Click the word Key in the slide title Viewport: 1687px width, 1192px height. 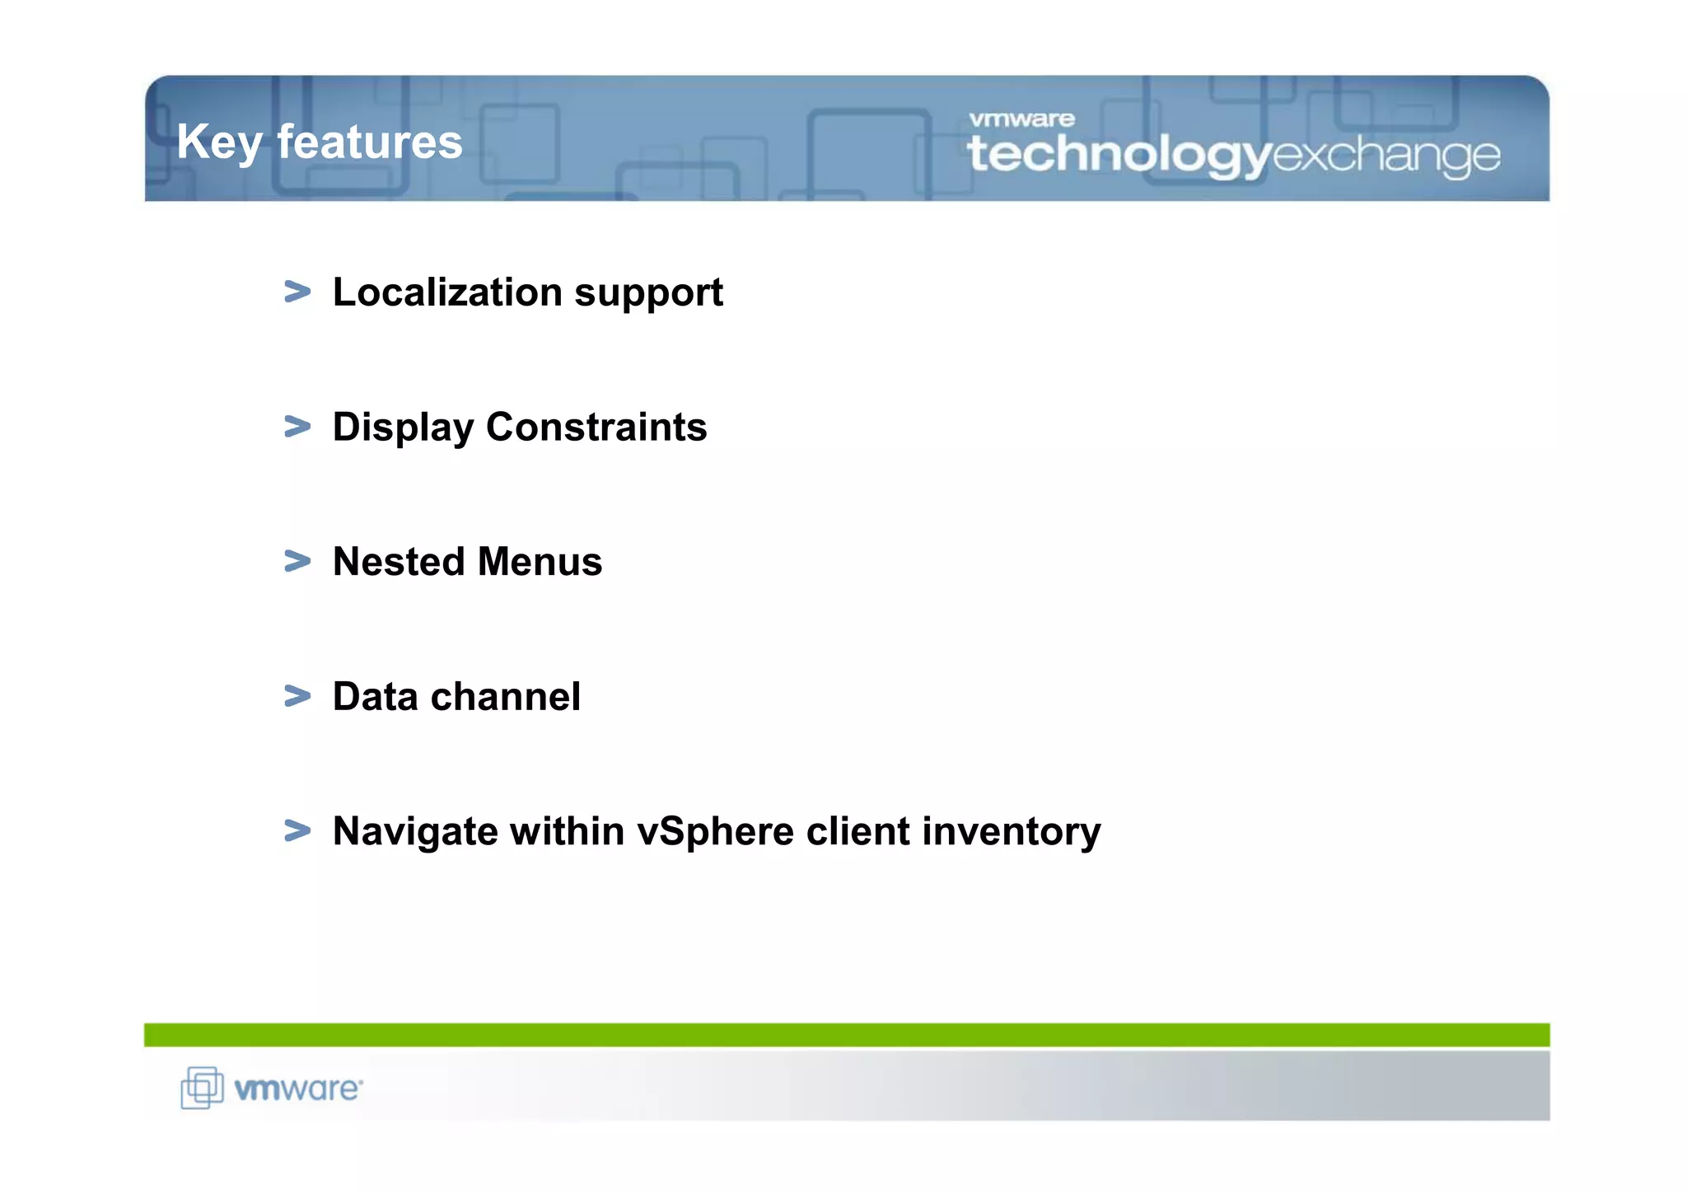(x=218, y=142)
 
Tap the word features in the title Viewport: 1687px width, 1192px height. (x=370, y=142)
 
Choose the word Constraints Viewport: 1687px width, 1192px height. (x=596, y=427)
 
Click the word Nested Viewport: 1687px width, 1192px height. (x=399, y=562)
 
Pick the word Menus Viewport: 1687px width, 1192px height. (x=540, y=562)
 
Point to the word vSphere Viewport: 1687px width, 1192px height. (x=716, y=832)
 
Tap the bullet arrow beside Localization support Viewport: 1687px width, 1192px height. (x=297, y=292)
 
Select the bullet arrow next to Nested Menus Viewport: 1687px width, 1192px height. (x=297, y=561)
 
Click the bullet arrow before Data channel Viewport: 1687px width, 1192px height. (x=297, y=696)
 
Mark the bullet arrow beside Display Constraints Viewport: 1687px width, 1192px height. (x=297, y=427)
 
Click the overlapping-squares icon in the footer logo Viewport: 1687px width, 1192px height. (x=202, y=1087)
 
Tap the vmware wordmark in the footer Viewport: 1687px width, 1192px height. (x=298, y=1089)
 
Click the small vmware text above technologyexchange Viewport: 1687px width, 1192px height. (x=1021, y=119)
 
